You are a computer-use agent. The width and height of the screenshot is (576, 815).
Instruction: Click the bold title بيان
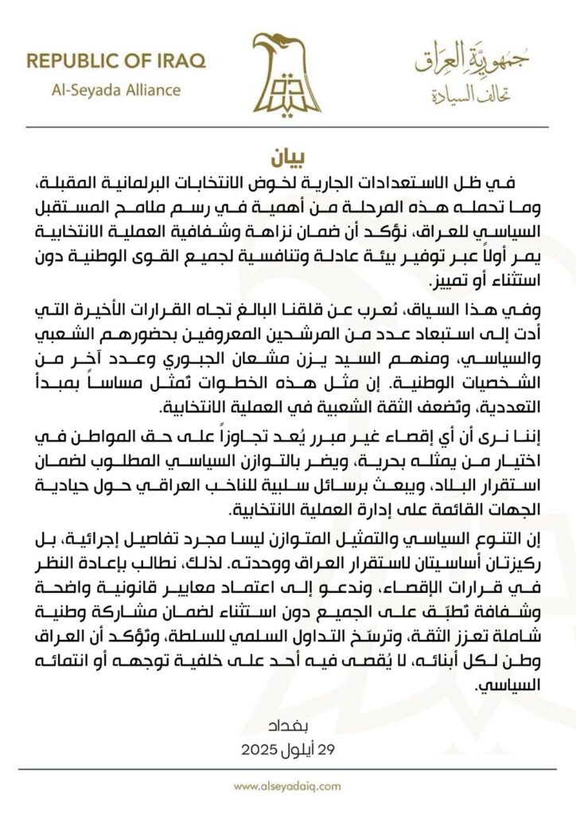(287, 155)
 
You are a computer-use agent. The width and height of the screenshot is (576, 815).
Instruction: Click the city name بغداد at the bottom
(287, 727)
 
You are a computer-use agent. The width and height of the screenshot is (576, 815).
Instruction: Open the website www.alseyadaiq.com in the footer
(287, 786)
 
